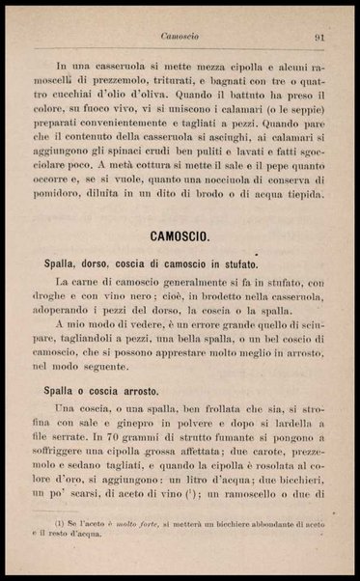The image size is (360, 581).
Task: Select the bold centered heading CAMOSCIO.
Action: [180, 236]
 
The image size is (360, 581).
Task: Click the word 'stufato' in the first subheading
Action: [233, 263]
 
